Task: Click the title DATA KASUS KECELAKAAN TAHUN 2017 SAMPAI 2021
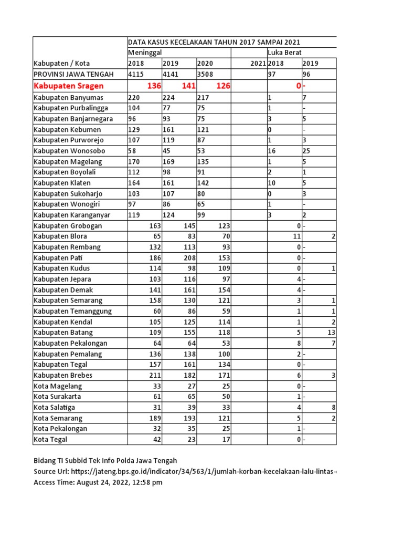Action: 214,43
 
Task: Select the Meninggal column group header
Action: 145,53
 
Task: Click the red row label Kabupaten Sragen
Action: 69,86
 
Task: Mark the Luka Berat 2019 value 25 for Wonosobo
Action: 307,151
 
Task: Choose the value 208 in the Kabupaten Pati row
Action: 188,258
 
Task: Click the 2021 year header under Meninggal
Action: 258,64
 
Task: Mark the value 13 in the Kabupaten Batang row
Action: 331,333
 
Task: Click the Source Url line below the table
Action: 184,471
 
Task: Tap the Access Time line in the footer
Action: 98,482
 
